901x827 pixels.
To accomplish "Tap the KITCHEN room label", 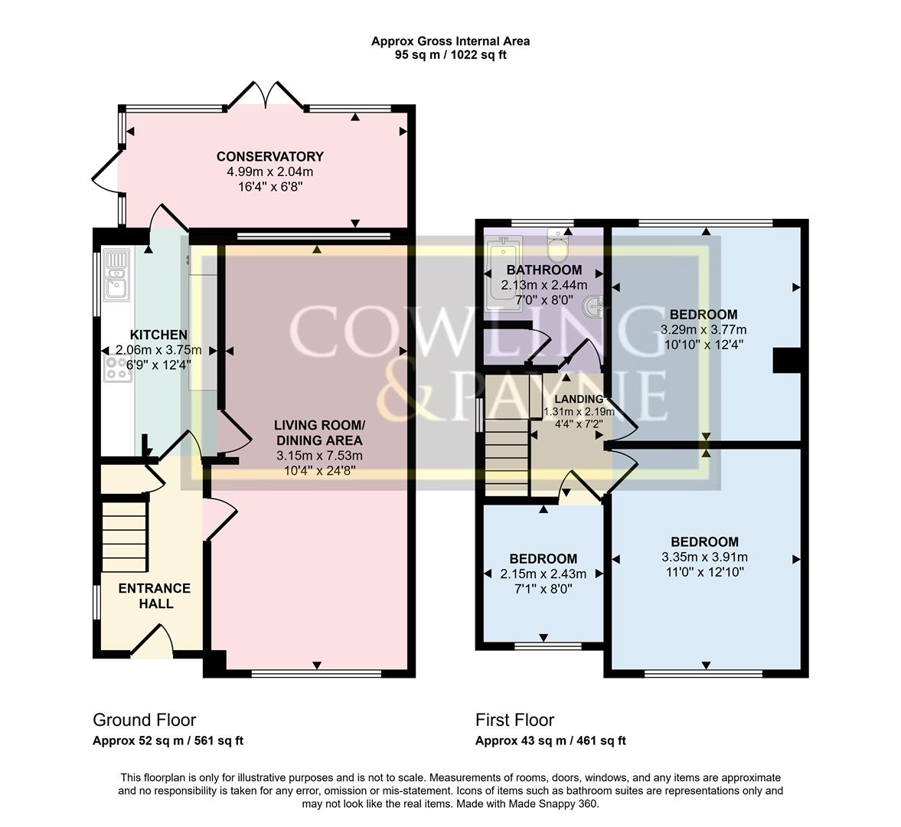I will click(x=158, y=335).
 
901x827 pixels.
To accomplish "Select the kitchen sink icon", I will click(x=117, y=273).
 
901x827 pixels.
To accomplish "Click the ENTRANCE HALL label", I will click(x=153, y=596).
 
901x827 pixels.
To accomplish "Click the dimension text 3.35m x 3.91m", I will click(x=704, y=557).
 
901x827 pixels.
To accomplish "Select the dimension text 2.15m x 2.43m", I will click(x=544, y=574).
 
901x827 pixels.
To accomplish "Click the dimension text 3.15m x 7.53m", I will click(x=320, y=456).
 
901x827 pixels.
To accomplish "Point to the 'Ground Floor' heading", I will click(x=144, y=720).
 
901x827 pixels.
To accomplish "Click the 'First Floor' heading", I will click(x=514, y=720).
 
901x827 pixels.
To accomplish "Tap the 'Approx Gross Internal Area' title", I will click(x=450, y=41).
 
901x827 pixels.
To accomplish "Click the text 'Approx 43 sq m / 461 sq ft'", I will click(x=550, y=740).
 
